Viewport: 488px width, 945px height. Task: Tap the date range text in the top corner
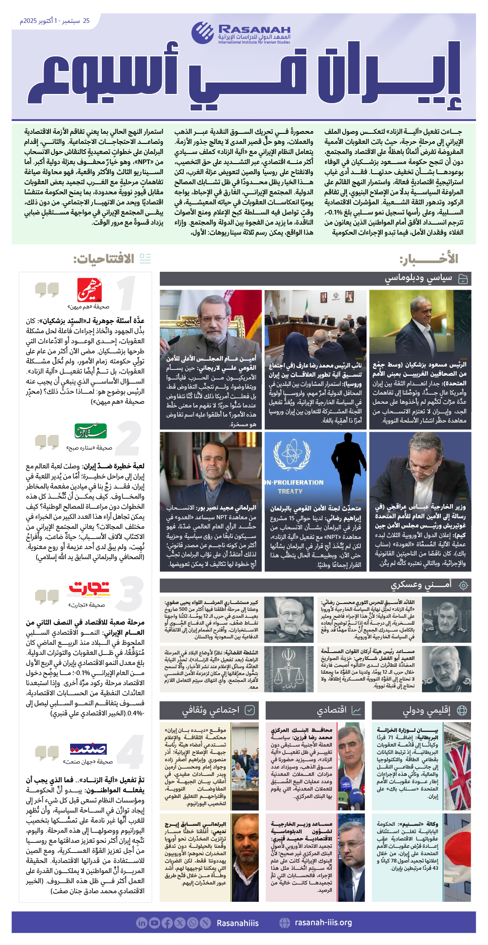click(55, 21)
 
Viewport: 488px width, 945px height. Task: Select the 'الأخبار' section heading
click(429, 259)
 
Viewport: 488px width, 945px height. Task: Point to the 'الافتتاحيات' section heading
click(104, 259)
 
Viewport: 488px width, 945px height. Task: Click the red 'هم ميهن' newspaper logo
click(89, 290)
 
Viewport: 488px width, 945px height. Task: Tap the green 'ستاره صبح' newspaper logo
click(91, 431)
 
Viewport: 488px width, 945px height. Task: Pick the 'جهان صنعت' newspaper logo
click(88, 749)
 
